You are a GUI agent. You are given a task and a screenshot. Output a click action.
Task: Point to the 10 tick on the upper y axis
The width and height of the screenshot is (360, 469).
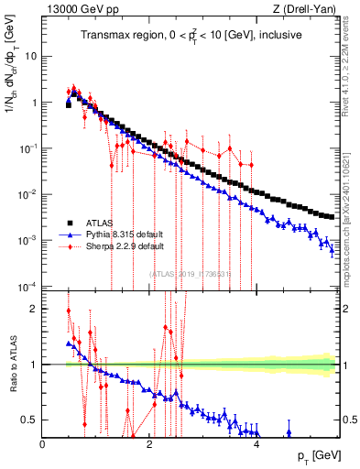30,56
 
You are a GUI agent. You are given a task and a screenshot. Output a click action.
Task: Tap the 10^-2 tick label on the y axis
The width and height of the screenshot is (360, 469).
28,194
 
